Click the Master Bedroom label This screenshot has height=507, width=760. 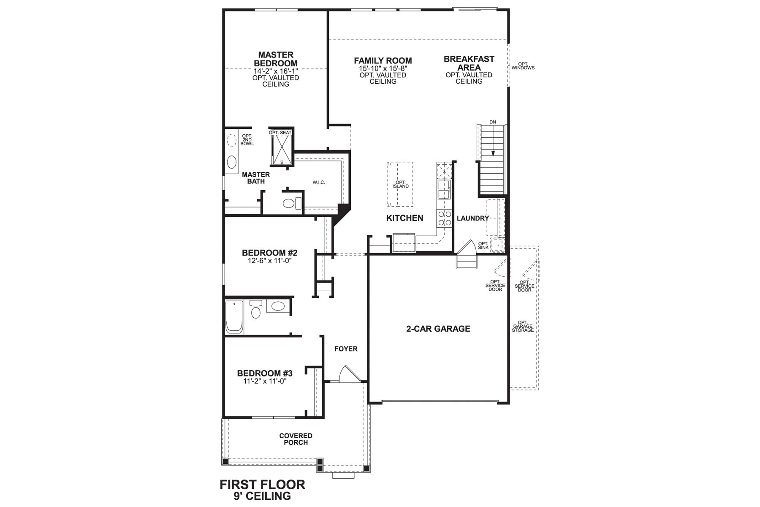point(276,59)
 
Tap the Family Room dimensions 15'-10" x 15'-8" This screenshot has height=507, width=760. point(383,68)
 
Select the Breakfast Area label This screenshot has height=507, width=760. point(469,63)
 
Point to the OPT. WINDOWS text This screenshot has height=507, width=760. point(523,66)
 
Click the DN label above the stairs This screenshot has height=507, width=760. point(492,122)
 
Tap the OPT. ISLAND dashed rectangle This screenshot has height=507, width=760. point(400,184)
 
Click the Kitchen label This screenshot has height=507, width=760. point(404,218)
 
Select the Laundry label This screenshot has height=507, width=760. point(472,218)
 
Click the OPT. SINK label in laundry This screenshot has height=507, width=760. point(483,245)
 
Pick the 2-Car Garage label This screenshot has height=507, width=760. point(438,329)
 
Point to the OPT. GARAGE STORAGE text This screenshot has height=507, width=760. point(523,326)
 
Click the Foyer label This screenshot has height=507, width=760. point(346,349)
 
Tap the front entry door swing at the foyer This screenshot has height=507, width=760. point(349,375)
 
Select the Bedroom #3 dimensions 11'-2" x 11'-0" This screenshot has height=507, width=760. point(265,381)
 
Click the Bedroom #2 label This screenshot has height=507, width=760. point(269,253)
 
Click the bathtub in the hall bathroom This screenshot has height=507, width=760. point(234,317)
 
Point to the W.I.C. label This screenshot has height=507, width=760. point(319,183)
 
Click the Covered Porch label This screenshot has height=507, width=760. point(296,439)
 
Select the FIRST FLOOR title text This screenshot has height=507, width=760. point(262,484)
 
